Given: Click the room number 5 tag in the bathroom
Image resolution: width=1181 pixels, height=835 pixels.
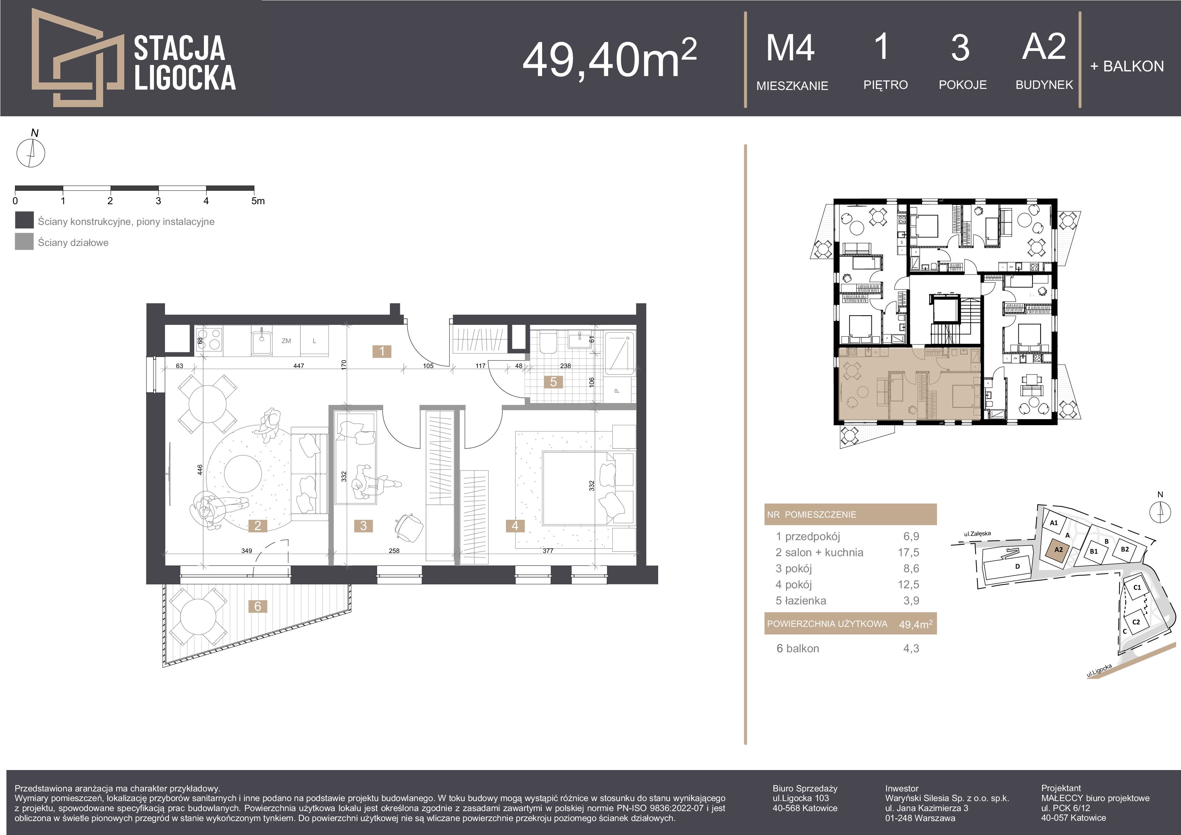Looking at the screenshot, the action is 554,382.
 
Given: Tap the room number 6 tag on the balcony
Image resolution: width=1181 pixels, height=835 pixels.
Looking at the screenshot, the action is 258,606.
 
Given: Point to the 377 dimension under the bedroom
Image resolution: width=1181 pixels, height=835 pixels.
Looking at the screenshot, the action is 548,551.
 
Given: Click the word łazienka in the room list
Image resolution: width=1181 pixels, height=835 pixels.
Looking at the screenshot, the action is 806,600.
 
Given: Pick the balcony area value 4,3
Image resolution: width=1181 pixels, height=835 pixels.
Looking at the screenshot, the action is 911,648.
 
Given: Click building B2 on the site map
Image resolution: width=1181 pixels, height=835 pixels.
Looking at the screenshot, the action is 1125,549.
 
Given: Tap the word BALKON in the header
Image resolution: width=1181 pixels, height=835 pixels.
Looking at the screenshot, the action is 1134,66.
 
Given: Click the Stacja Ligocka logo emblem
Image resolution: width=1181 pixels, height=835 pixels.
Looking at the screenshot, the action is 77,57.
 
